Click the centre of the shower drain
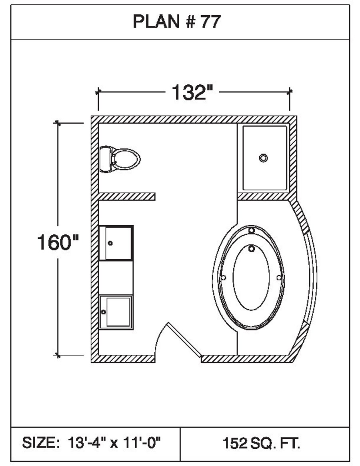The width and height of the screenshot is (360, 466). (x=263, y=158)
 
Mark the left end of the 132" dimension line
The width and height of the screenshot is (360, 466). (x=98, y=92)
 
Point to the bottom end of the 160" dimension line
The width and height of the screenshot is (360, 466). (x=58, y=355)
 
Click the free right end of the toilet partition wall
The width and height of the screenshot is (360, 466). (x=155, y=196)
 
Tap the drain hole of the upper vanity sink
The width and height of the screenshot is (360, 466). (x=110, y=243)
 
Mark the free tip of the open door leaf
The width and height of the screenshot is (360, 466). (x=168, y=323)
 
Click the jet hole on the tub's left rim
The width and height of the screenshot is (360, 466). (x=224, y=278)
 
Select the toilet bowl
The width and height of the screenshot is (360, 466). (x=126, y=159)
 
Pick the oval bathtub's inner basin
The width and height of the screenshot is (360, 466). (x=251, y=277)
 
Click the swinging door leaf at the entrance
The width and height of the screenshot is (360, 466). (x=185, y=339)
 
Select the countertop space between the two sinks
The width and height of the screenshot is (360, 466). (x=116, y=278)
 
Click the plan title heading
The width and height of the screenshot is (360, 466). (x=177, y=22)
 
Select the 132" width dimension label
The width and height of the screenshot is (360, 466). (x=192, y=92)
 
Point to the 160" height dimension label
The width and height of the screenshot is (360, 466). (x=58, y=242)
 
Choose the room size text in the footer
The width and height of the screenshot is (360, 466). (x=92, y=443)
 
